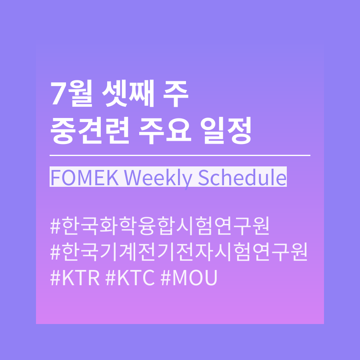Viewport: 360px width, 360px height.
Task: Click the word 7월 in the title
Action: [x=72, y=94]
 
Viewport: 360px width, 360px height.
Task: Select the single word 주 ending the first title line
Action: [x=176, y=94]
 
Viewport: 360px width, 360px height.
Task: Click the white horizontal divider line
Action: [x=180, y=156]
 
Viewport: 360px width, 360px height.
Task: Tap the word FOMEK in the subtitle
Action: [x=85, y=178]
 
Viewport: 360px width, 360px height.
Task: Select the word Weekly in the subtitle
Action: [x=158, y=179]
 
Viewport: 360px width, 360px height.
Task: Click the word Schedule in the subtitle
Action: [x=242, y=177]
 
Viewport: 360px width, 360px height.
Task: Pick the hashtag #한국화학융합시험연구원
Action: [x=160, y=226]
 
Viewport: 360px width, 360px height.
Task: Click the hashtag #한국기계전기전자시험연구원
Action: [x=179, y=252]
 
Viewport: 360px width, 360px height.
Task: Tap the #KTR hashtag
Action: [x=75, y=278]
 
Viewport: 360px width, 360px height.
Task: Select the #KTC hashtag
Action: [x=130, y=278]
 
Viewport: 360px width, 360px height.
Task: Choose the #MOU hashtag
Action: [x=189, y=278]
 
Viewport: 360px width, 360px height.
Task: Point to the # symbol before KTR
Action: [x=55, y=278]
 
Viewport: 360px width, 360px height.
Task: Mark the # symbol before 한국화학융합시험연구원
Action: [x=55, y=226]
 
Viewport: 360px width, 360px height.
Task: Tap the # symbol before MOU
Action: [x=166, y=278]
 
